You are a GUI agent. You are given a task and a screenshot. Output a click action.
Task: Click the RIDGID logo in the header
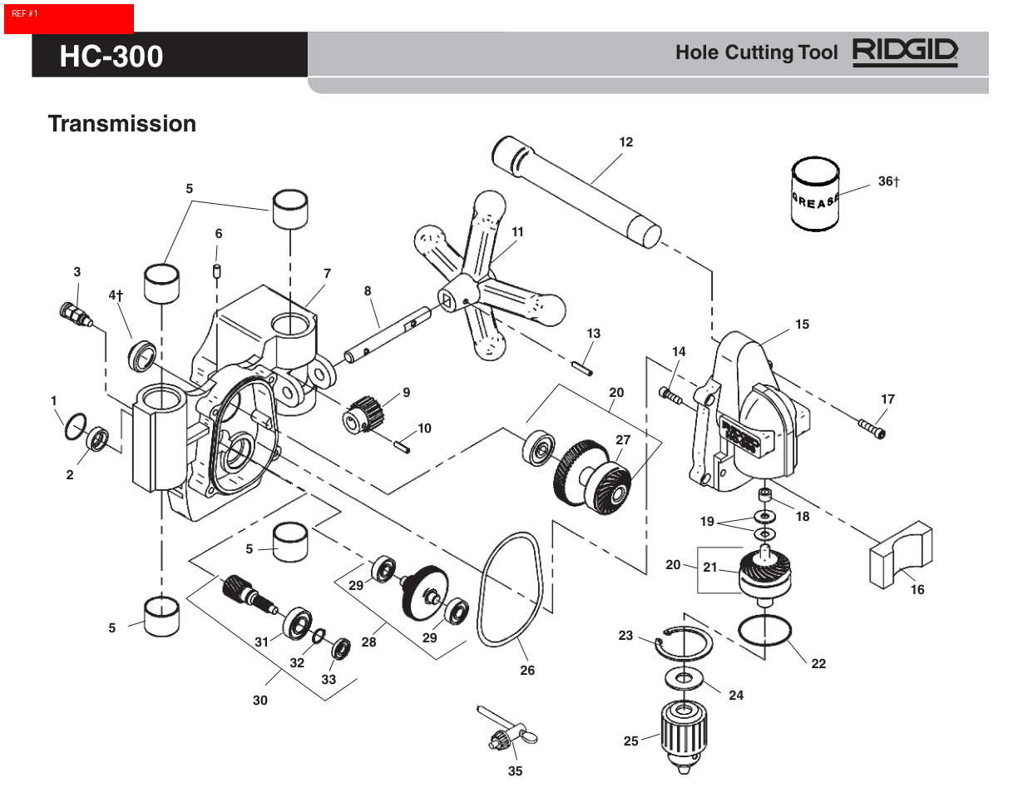click(x=905, y=52)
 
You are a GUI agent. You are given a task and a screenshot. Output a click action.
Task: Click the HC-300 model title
click(x=111, y=56)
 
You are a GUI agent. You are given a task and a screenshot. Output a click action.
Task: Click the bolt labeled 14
click(x=670, y=395)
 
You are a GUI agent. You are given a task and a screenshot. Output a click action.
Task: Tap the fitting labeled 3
click(x=73, y=315)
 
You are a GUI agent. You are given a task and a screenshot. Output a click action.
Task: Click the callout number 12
click(x=625, y=142)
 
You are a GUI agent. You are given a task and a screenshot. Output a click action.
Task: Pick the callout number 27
click(x=623, y=439)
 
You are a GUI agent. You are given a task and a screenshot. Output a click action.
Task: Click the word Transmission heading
click(x=121, y=124)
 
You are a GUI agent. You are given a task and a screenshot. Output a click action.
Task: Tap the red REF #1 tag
click(x=68, y=18)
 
